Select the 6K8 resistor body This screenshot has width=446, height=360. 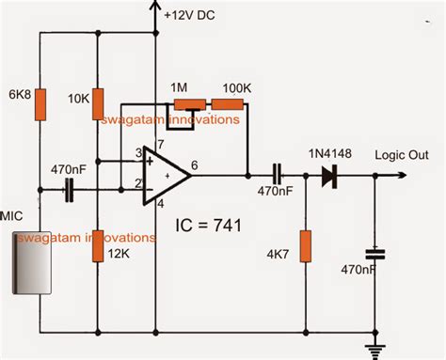(x=40, y=105)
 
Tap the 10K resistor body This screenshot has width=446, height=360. (x=97, y=105)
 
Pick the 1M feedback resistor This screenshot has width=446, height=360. (x=191, y=105)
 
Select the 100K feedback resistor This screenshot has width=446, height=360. (x=235, y=105)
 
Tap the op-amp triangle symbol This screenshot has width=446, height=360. (x=163, y=175)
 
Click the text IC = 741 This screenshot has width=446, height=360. (x=210, y=227)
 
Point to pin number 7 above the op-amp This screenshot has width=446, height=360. (x=161, y=144)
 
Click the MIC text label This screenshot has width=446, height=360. (x=12, y=215)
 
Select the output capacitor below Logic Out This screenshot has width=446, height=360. (x=375, y=254)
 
